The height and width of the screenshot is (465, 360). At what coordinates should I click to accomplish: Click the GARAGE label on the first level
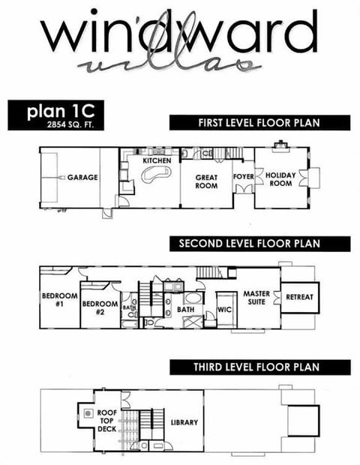82,179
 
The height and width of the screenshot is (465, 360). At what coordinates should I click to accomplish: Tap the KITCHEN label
157,160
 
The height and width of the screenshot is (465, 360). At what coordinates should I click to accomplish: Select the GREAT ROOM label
206,181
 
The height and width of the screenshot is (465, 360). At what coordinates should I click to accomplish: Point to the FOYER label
244,178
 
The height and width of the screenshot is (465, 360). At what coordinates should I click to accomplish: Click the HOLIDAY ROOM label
280,178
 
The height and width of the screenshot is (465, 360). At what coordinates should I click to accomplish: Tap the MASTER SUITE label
256,298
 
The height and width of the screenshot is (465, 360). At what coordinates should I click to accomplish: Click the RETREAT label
300,297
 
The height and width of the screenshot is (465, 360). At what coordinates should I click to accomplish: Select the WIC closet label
223,308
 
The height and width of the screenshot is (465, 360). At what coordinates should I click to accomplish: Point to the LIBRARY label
184,422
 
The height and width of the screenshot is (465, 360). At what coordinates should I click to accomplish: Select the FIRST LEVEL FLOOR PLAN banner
259,123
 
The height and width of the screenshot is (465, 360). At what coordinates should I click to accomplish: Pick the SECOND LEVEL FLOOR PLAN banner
259,243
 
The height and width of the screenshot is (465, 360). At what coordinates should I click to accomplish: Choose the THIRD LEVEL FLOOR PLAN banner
259,367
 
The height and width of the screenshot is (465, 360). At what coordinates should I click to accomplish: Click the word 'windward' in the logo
178,34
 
